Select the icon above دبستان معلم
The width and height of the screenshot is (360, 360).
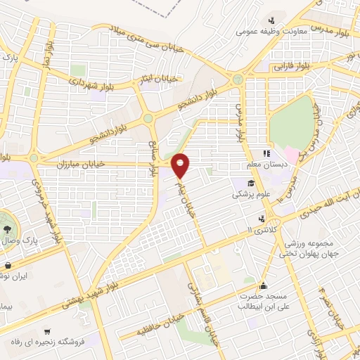tap(267, 153)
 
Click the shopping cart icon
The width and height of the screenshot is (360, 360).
tap(46, 331)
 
